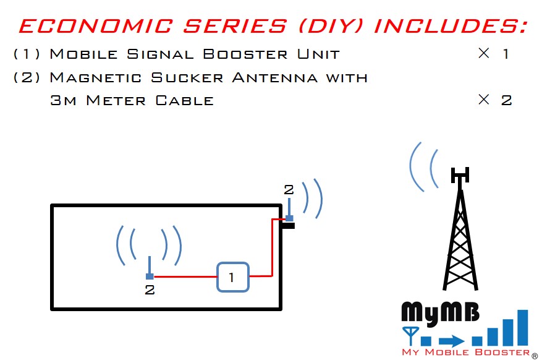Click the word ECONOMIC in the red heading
96,26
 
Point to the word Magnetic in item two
96,77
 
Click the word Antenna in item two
275,77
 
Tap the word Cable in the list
185,101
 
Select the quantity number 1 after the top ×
506,54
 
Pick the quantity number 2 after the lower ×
506,101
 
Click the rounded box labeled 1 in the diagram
233,277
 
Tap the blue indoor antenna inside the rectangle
150,268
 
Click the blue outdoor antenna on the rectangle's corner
289,210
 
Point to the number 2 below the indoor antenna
150,290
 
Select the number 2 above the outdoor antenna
289,189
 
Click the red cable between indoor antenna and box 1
185,276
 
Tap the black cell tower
460,228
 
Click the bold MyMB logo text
440,312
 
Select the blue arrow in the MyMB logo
451,341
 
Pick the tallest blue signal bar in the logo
523,327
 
